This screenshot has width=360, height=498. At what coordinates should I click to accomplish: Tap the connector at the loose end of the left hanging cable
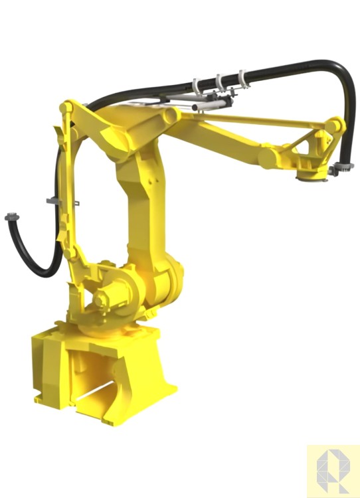tap(11, 217)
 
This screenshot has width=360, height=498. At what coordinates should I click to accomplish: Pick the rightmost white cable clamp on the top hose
tap(243, 78)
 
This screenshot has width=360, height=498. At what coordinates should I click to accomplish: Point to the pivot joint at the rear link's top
tap(66, 107)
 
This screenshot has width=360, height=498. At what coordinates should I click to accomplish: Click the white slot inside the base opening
tap(100, 393)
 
